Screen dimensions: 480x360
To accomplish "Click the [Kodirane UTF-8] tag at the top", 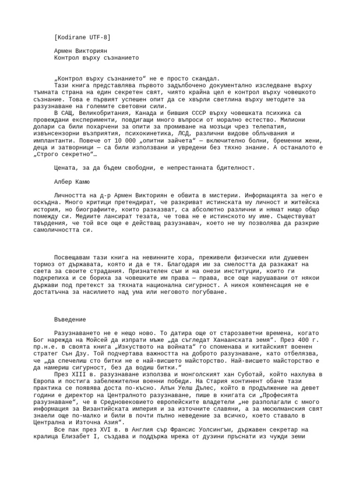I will (x=82, y=37).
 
